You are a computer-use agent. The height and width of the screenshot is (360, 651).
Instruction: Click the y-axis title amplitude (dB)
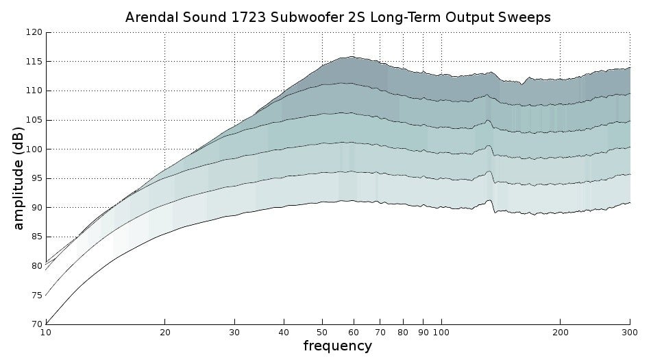click(19, 178)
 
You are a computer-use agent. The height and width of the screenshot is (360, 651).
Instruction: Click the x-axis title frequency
click(337, 346)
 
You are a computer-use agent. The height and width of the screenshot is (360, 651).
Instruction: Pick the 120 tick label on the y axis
click(34, 32)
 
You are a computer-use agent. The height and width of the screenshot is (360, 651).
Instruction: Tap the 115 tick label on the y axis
click(34, 62)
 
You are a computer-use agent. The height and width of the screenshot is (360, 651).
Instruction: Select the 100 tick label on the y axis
click(34, 149)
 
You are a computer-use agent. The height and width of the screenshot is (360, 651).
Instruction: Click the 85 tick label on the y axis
click(36, 237)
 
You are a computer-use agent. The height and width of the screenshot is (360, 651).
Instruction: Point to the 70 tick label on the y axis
click(36, 324)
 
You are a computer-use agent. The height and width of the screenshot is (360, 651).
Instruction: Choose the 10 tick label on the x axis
click(45, 333)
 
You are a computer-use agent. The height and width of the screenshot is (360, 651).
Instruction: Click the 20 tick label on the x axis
click(164, 333)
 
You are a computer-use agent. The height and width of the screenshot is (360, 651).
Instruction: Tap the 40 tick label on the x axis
click(284, 333)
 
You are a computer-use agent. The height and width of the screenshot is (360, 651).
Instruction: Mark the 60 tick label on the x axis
click(354, 333)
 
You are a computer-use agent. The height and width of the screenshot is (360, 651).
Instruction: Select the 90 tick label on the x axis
click(423, 333)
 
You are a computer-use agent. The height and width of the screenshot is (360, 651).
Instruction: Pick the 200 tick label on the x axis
click(560, 333)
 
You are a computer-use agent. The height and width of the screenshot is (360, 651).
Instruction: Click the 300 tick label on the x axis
click(630, 333)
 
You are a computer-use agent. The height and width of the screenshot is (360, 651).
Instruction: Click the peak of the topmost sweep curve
click(352, 57)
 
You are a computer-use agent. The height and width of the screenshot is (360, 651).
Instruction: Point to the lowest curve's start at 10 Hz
click(46, 323)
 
